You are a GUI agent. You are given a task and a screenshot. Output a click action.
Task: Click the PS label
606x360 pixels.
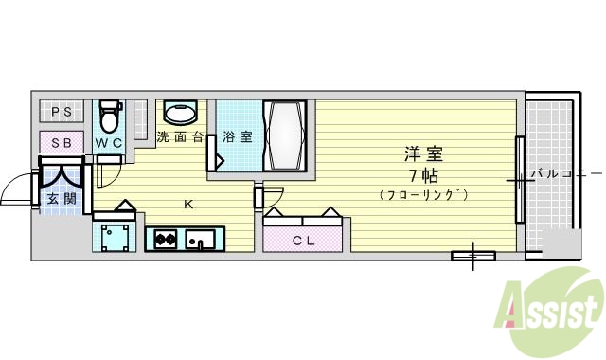pyautogui.click(x=62, y=113)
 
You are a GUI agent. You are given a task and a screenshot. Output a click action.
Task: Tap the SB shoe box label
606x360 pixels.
pyautogui.click(x=62, y=142)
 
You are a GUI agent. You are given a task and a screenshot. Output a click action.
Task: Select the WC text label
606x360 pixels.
pyautogui.click(x=109, y=143)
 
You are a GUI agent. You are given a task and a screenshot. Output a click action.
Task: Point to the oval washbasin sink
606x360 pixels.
pyautogui.click(x=182, y=114)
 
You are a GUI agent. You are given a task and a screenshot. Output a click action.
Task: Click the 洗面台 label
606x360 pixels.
pyautogui.click(x=180, y=137)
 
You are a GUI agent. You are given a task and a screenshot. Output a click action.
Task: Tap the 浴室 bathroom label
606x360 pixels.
pyautogui.click(x=238, y=137)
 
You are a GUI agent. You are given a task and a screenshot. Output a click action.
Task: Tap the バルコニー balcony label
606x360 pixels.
pyautogui.click(x=565, y=174)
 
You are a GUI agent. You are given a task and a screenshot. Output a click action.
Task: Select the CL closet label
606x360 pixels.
pyautogui.click(x=303, y=241)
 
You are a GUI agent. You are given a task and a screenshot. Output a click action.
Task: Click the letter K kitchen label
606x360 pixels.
pyautogui.click(x=187, y=204)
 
